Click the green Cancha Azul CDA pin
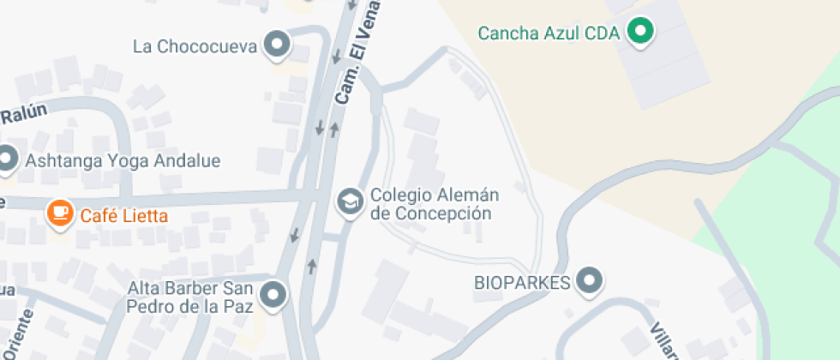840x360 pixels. click(639, 33)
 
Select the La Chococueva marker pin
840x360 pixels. click(276, 45)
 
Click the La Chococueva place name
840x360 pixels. click(195, 46)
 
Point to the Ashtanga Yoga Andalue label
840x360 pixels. click(123, 160)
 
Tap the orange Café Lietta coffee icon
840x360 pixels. click(59, 213)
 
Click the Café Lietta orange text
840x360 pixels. click(124, 215)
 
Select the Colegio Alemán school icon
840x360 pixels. click(349, 203)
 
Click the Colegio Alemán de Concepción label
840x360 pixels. click(435, 204)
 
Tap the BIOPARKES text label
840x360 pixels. click(522, 282)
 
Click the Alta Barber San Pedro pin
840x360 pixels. click(273, 295)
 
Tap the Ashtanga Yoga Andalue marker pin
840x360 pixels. click(8, 159)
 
